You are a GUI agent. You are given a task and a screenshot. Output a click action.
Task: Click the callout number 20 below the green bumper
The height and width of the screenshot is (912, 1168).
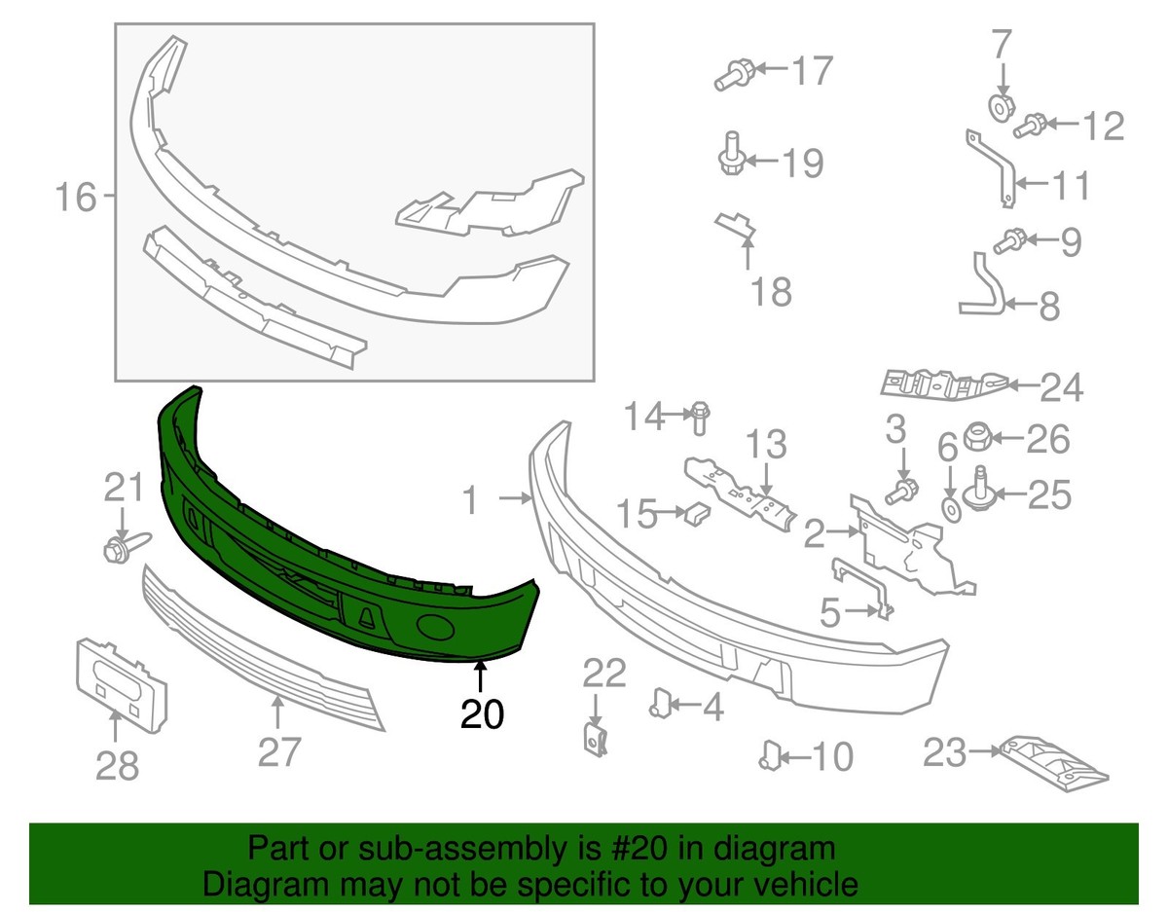[482, 714]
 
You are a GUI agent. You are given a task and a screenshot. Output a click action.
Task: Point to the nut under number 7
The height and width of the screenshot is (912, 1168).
[1000, 105]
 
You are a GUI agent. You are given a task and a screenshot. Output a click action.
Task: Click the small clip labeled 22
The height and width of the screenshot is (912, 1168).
[597, 738]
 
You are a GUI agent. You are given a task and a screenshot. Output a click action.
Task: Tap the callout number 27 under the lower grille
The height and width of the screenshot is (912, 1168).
[278, 752]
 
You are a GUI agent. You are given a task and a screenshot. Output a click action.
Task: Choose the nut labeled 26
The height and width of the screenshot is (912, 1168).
[978, 439]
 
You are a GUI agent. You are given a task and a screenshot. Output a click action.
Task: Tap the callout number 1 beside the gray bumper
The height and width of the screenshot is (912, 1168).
[471, 501]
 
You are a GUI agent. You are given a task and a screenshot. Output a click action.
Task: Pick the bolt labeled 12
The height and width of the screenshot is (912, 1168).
[1031, 126]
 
